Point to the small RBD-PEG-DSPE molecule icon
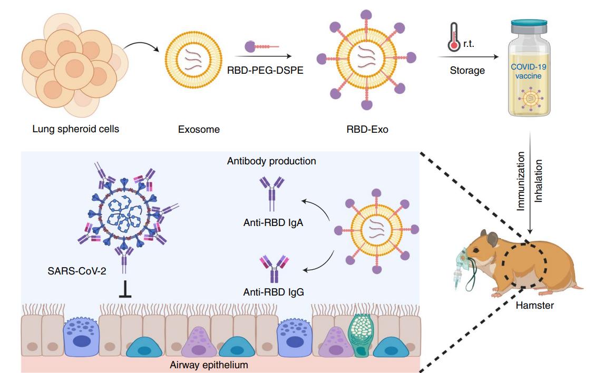[x=261, y=47]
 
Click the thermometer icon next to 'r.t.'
[x=452, y=36]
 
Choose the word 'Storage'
[x=467, y=70]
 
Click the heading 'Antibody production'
[x=271, y=161]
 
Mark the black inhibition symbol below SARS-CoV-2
[x=125, y=291]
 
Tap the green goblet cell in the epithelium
[x=362, y=334]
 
